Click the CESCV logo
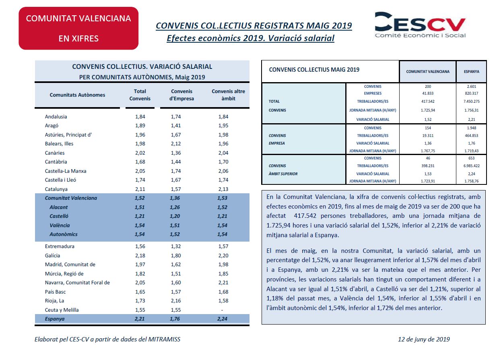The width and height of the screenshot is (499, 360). coord(420,25)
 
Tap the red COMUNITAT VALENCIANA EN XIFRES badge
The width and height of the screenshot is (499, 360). coord(78,28)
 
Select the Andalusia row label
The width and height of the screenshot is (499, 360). coord(56,117)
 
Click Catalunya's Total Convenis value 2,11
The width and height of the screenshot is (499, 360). coord(140,189)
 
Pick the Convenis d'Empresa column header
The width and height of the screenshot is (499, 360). coord(181,95)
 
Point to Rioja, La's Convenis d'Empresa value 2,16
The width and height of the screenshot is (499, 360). coord(176,300)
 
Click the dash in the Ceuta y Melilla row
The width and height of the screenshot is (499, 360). coord(222,310)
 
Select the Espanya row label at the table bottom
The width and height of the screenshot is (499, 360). coord(55,319)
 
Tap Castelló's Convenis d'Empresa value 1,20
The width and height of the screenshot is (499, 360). coord(175,216)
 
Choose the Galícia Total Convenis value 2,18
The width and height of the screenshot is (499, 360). coord(140,255)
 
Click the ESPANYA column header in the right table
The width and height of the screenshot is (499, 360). coord(471,72)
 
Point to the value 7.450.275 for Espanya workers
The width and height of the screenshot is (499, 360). coord(471,101)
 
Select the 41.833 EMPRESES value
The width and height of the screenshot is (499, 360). coord(428,93)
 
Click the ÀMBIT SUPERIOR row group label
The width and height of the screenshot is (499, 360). coord(283,174)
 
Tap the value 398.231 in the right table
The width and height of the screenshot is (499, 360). coord(428,166)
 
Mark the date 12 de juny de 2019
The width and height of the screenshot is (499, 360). coord(424,339)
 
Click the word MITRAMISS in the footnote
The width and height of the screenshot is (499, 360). coord(164,339)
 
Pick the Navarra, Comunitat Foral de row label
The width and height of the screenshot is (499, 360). coord(77,282)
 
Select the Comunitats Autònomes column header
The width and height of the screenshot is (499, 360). coord(77,95)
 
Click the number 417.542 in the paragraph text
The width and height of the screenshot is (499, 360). coord(305,216)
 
